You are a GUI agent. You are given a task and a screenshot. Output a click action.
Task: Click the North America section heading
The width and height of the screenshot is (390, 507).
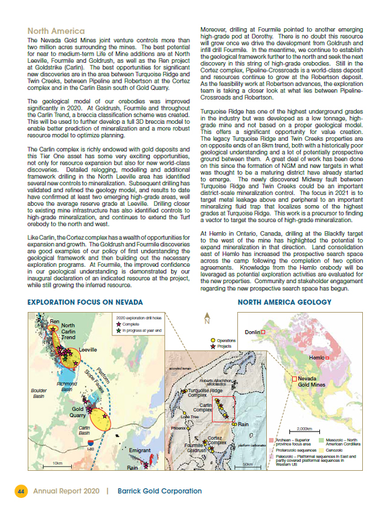(53, 31)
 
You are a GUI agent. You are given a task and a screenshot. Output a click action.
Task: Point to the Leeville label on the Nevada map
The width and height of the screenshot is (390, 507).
(88, 349)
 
